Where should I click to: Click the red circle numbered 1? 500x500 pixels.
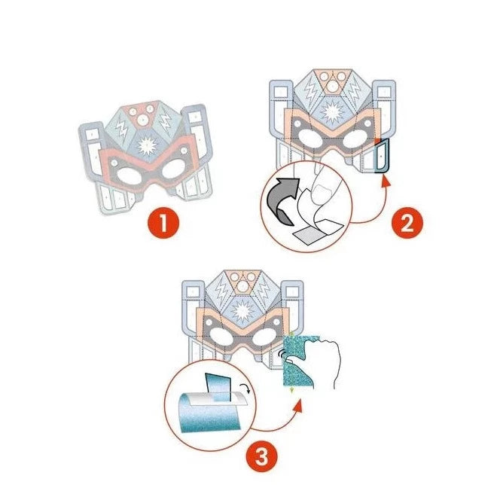[163, 223]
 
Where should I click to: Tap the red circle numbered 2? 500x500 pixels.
[407, 223]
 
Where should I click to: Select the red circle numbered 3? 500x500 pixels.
[261, 456]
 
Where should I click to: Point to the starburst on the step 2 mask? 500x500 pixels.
[333, 112]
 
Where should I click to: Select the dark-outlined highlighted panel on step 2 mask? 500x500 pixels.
[382, 157]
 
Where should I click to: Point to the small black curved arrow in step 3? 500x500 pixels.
[245, 388]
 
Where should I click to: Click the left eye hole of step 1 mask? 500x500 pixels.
[130, 176]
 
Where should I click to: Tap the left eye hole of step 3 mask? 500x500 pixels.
[221, 336]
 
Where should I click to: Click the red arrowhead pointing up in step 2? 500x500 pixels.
[386, 181]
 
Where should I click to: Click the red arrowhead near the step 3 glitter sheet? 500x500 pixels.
[298, 405]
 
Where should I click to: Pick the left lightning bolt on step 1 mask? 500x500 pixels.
[121, 129]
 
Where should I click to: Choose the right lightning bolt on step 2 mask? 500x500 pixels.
[355, 89]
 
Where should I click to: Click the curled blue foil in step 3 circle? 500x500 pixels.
[207, 411]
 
